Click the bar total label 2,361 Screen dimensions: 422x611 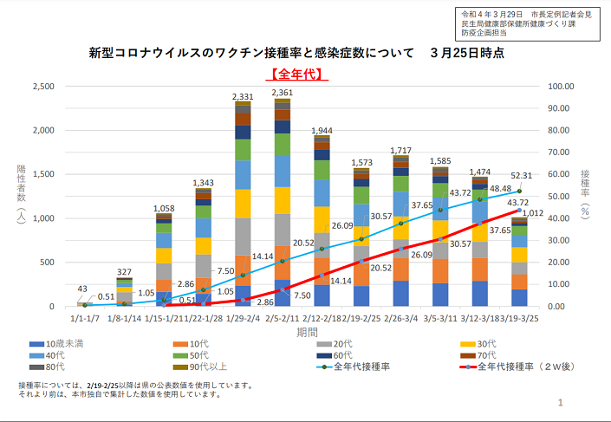(x=283, y=93)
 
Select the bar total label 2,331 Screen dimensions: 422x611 (x=243, y=97)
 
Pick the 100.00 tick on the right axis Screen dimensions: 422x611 (x=563, y=87)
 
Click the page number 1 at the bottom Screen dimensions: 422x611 (x=561, y=403)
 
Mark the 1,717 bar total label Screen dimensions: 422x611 (x=401, y=150)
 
